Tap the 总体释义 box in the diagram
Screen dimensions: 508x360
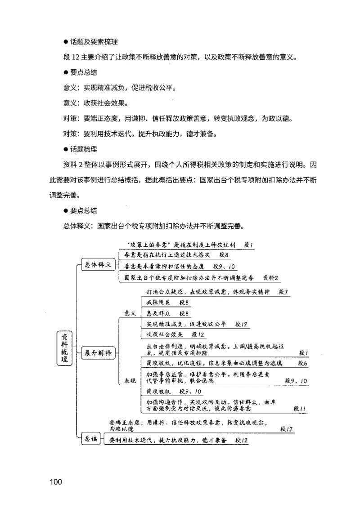tap(97, 264)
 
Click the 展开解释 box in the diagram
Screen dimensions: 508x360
tap(97, 352)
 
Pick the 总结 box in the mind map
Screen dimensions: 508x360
tap(91, 439)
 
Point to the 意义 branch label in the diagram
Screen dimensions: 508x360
tap(130, 313)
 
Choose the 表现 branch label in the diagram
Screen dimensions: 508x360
tap(130, 381)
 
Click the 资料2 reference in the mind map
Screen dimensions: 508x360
tap(271, 277)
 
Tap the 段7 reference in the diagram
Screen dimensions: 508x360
tap(283, 292)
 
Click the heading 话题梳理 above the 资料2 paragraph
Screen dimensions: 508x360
tap(83, 149)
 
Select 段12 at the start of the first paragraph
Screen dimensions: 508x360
tap(71, 57)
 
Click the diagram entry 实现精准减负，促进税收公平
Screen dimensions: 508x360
tap(188, 324)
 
